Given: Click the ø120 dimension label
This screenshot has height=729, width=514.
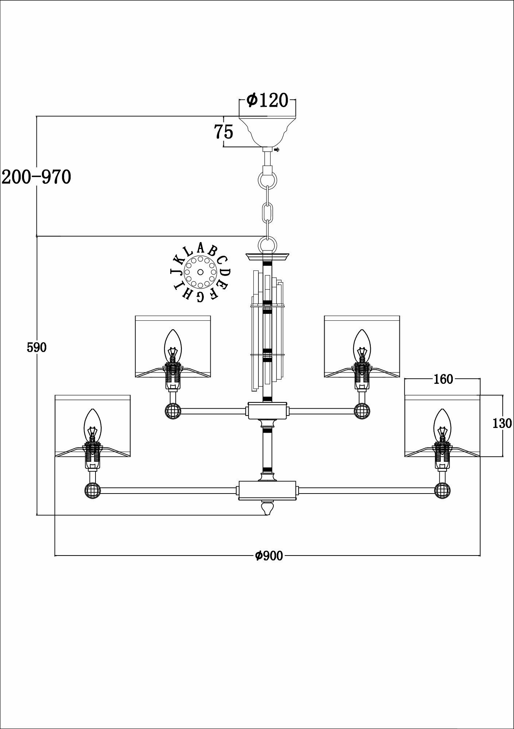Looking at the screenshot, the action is point(267,100).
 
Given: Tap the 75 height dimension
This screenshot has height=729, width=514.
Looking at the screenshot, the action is point(223,132).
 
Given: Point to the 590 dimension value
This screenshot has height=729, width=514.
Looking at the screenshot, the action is point(36,348).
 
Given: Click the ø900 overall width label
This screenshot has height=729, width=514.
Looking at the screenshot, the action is point(269,566).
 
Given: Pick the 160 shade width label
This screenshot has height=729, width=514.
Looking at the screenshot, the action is point(443,379).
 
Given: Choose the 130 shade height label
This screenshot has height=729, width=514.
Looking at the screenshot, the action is point(502,423).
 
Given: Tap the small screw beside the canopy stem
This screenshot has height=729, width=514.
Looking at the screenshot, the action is point(277,149).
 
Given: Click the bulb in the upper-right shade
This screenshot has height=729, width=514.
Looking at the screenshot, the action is point(362,345).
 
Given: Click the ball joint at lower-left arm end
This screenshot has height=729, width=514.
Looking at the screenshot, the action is point(92,490).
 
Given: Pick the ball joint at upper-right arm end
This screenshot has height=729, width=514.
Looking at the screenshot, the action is point(362,411).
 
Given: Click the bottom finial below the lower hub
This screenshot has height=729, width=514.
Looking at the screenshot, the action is point(268,508).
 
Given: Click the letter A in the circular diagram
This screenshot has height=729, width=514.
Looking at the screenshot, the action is point(200,248).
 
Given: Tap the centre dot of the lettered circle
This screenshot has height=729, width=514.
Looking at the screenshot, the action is point(200,272).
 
